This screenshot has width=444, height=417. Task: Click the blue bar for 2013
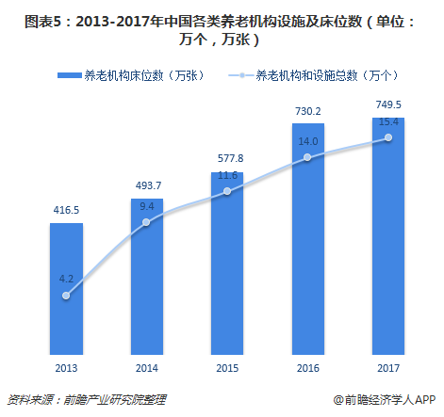coord(66,289)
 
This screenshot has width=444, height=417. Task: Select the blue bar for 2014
coord(147,277)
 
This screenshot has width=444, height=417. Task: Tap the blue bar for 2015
coord(227,264)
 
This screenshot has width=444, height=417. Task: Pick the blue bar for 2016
coord(308,239)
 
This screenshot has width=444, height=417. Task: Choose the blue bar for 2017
coord(388,236)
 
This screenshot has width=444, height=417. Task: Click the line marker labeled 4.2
coord(66,296)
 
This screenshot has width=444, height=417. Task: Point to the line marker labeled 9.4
coord(146,222)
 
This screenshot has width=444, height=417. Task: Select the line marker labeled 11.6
coord(227,191)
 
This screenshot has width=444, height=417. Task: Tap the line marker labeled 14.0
coord(307,157)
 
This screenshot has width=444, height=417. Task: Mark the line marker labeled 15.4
coord(388,137)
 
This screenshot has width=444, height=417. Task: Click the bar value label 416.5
coord(66,210)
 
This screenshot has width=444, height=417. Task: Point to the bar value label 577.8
coord(231,158)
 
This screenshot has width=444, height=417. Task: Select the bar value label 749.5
coord(388,104)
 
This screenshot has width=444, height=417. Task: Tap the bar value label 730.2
coord(308,111)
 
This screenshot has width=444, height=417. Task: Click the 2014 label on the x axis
coord(147,368)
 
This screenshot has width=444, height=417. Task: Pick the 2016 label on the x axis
coord(308,368)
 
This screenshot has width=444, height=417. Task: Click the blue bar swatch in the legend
coord(70,75)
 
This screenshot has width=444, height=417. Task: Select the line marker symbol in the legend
coord(241,75)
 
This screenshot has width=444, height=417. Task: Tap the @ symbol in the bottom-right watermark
coord(338,400)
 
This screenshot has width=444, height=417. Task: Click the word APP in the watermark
coord(425,400)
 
